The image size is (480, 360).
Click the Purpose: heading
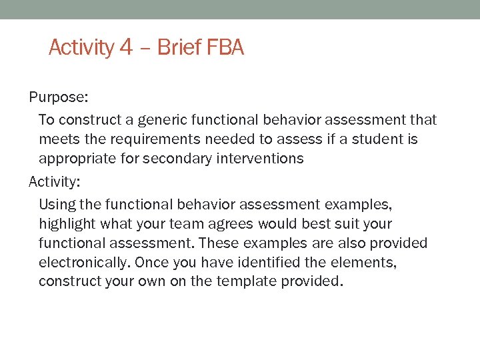[x=58, y=97]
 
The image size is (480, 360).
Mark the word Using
[x=55, y=204]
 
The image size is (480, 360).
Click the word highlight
[x=67, y=223]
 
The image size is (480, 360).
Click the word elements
[x=367, y=263]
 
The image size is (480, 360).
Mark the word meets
[x=58, y=139]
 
